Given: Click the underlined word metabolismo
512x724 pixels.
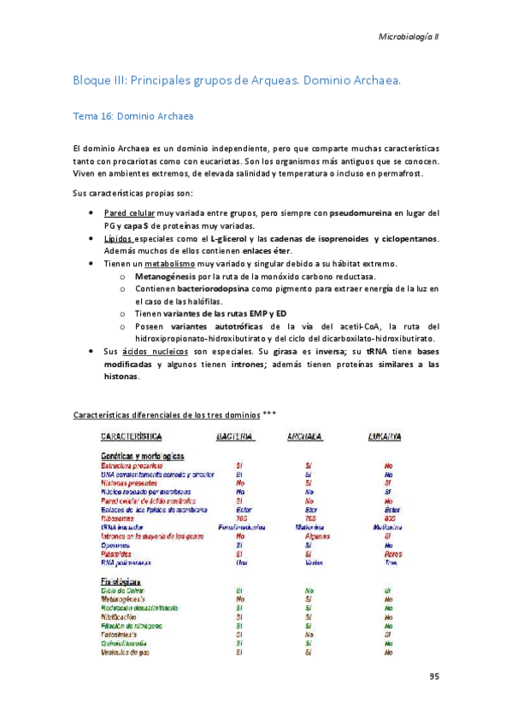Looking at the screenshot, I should coord(178,264).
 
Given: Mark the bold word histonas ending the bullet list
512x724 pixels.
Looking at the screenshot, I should coord(120,377).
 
